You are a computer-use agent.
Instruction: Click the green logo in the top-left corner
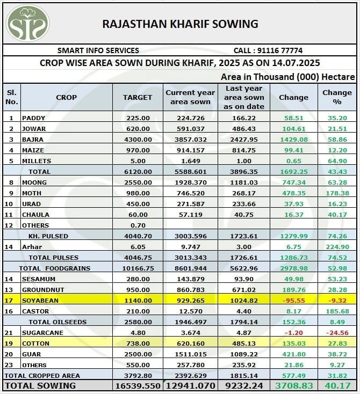pyautogui.click(x=27, y=23)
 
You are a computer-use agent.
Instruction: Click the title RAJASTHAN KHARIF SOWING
pyautogui.click(x=180, y=24)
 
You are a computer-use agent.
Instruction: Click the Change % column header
pyautogui.click(x=337, y=97)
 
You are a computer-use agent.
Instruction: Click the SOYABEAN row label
pyautogui.click(x=40, y=301)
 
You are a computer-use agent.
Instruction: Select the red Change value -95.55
pyautogui.click(x=293, y=301)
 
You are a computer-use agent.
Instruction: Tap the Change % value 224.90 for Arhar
pyautogui.click(x=337, y=247)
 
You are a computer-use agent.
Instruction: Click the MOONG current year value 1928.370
pyautogui.click(x=190, y=183)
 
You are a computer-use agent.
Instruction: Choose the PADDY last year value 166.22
pyautogui.click(x=244, y=118)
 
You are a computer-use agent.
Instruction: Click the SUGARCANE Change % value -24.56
pyautogui.click(x=337, y=333)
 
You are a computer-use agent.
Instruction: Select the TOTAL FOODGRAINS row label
pyautogui.click(x=55, y=268)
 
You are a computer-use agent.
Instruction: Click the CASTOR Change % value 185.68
pyautogui.click(x=337, y=311)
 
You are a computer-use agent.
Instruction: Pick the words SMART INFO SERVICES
pyautogui.click(x=98, y=50)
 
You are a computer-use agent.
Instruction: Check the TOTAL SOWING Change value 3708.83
pyautogui.click(x=293, y=386)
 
